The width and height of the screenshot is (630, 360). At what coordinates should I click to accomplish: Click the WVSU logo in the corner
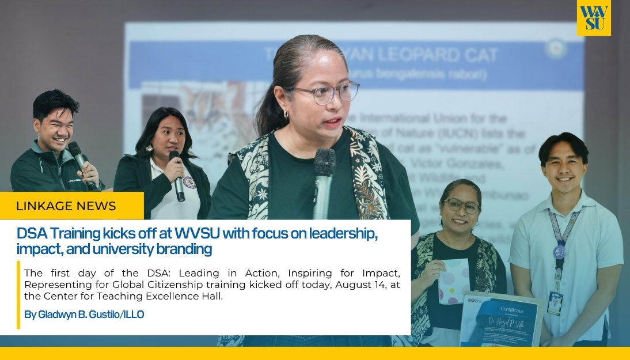(593, 18)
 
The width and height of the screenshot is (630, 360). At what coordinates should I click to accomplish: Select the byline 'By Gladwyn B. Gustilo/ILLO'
(84, 314)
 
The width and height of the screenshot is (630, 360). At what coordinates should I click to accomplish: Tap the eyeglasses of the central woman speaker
(326, 93)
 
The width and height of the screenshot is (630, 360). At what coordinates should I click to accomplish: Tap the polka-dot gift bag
(454, 281)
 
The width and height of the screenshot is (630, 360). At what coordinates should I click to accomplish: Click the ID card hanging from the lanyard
(555, 302)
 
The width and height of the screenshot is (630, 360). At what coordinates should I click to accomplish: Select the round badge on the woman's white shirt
(187, 182)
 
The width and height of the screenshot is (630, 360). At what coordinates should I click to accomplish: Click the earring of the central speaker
(286, 115)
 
